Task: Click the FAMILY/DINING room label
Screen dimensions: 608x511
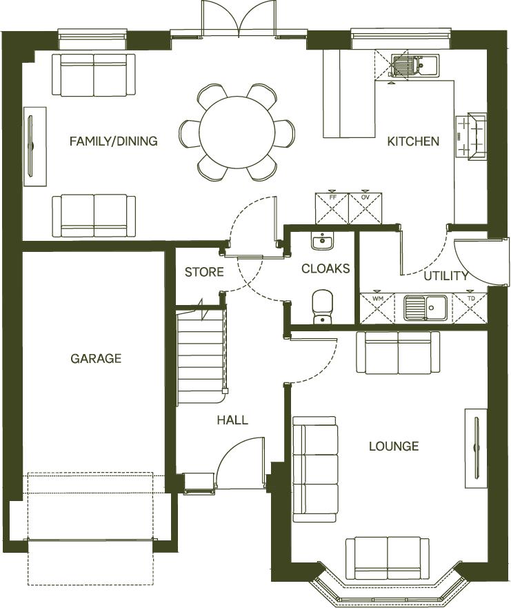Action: click(113, 141)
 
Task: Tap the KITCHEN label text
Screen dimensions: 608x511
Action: click(412, 141)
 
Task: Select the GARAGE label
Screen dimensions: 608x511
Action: click(96, 358)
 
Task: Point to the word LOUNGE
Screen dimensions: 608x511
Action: click(393, 447)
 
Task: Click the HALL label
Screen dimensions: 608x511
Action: click(232, 420)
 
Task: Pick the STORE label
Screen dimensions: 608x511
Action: click(204, 272)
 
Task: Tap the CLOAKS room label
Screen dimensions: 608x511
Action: click(325, 268)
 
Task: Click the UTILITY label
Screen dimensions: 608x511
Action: click(446, 276)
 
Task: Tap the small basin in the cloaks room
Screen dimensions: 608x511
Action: click(321, 242)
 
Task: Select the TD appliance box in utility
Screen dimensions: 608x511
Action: click(470, 308)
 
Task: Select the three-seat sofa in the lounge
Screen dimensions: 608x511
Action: click(315, 469)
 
